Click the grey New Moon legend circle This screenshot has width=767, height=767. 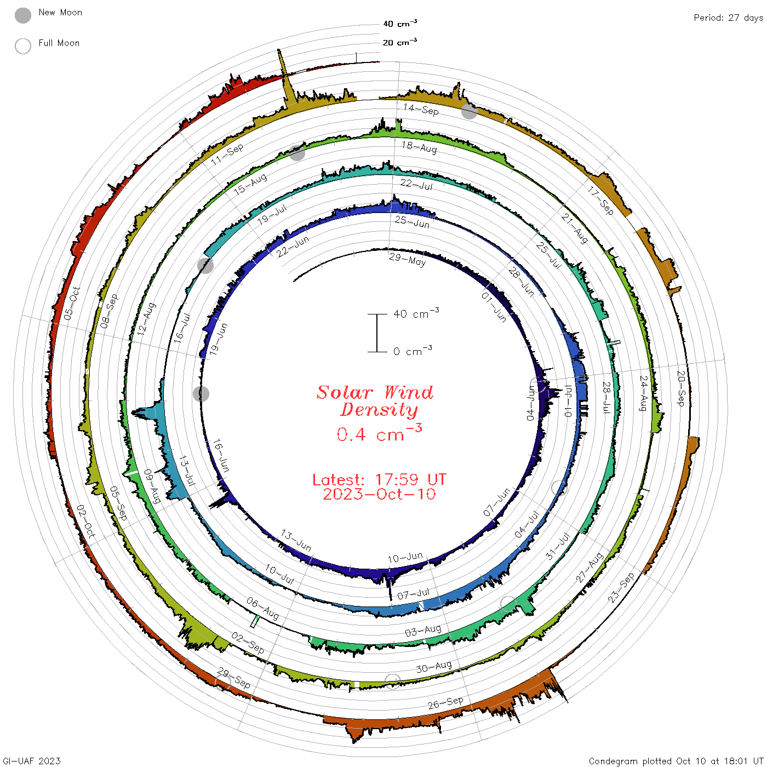click(x=23, y=15)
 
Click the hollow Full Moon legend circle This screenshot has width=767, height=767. click(x=23, y=46)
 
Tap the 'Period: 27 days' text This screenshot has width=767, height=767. click(x=729, y=18)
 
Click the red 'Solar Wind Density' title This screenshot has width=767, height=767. click(x=375, y=401)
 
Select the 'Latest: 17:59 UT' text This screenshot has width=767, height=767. click(x=379, y=479)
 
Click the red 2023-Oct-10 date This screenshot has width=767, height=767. click(x=379, y=494)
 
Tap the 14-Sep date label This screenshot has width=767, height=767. click(x=421, y=109)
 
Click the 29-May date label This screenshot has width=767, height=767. click(x=407, y=259)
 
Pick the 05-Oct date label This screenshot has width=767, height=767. click(x=72, y=304)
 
